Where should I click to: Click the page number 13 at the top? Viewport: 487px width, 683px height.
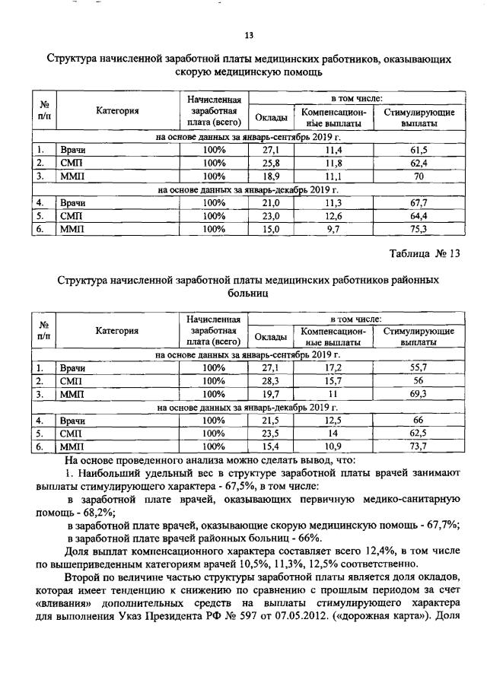248,35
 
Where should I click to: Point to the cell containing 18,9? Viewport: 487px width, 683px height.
271,176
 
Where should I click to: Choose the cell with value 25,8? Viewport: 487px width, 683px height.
271,163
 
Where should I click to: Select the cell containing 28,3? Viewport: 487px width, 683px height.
271,381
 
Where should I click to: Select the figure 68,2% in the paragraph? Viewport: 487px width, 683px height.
110,513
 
